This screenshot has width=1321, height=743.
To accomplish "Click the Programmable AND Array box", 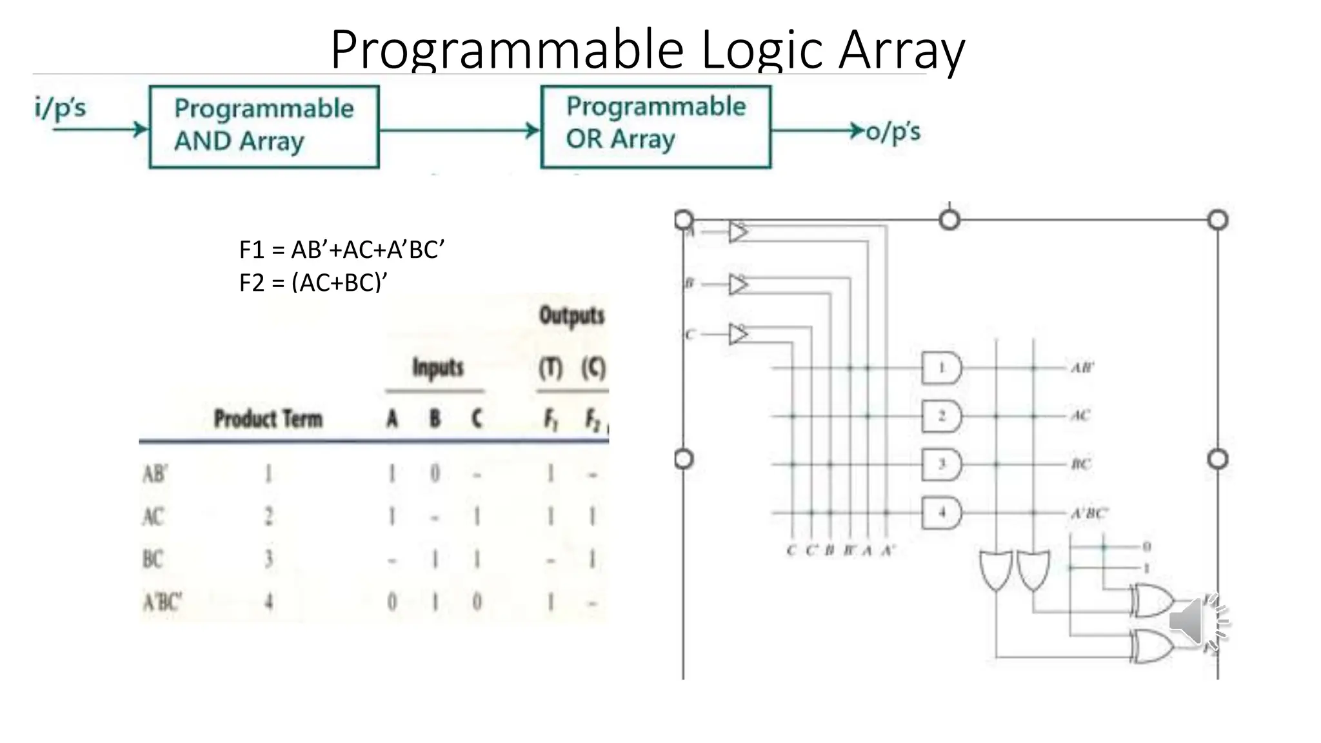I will pyautogui.click(x=264, y=127).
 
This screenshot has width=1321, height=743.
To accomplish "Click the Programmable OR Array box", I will pyautogui.click(x=655, y=126).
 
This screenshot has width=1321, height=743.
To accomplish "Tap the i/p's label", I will pyautogui.click(x=60, y=108).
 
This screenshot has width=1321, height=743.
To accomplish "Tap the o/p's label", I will pyautogui.click(x=893, y=132).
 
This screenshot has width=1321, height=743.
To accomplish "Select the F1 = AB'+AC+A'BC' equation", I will pyautogui.click(x=342, y=250).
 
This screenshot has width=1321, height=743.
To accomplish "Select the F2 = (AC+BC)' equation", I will pyautogui.click(x=313, y=282).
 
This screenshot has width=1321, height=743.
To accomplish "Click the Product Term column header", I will pyautogui.click(x=268, y=419).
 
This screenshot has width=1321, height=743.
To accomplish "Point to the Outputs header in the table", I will pyautogui.click(x=571, y=316).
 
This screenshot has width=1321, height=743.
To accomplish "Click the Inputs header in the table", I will pyautogui.click(x=438, y=368).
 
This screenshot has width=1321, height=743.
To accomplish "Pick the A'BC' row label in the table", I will pyautogui.click(x=162, y=602).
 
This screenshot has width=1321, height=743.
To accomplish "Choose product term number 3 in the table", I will pyautogui.click(x=268, y=559).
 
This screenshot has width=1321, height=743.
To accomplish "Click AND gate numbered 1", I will pyautogui.click(x=942, y=368).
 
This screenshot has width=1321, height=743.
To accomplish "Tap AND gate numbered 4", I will pyautogui.click(x=942, y=513).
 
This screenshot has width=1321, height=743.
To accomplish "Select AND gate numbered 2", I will pyautogui.click(x=942, y=417).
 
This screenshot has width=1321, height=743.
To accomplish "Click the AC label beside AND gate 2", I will pyautogui.click(x=1080, y=415).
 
